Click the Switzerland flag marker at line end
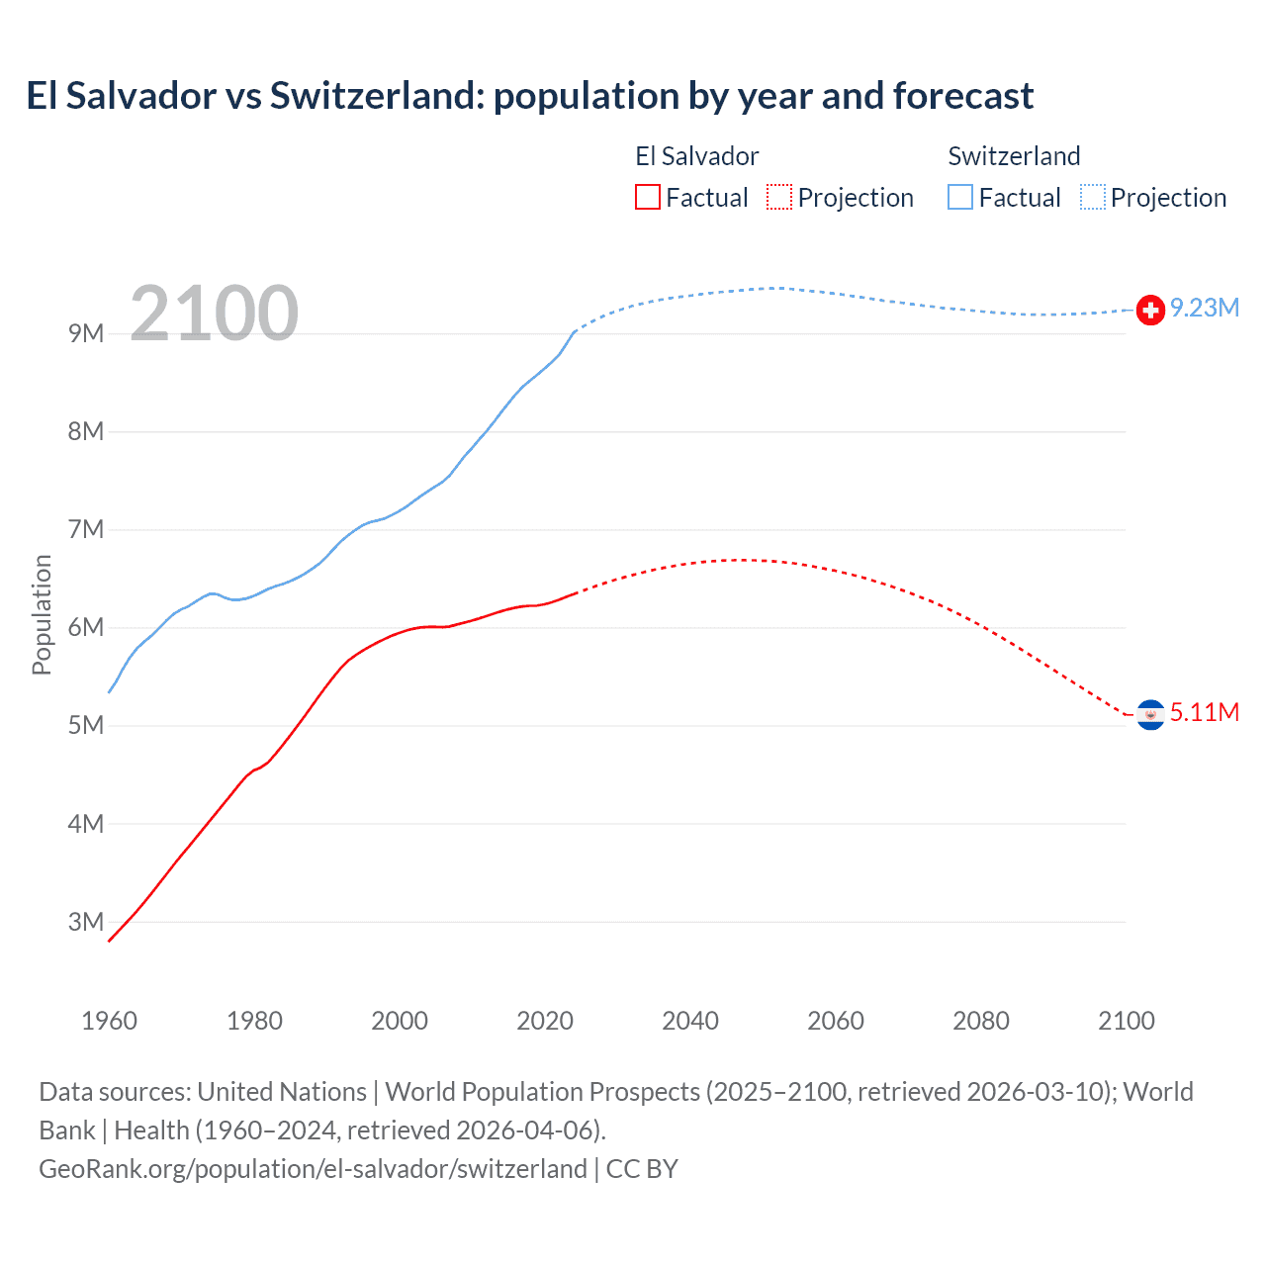1150,310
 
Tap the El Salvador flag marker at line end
1150,714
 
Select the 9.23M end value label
1205,309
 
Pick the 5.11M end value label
1205,713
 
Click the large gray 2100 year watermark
214,314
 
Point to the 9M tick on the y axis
86,333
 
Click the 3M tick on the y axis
86,922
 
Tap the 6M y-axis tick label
86,627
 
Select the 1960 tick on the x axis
109,1021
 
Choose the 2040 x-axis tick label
690,1021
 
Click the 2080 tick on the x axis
981,1021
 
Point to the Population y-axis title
42,614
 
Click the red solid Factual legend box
648,198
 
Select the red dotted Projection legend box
779,198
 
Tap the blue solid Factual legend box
960,198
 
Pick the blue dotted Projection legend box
1093,198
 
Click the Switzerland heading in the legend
1014,156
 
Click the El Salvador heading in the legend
696,156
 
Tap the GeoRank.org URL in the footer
313,1169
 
